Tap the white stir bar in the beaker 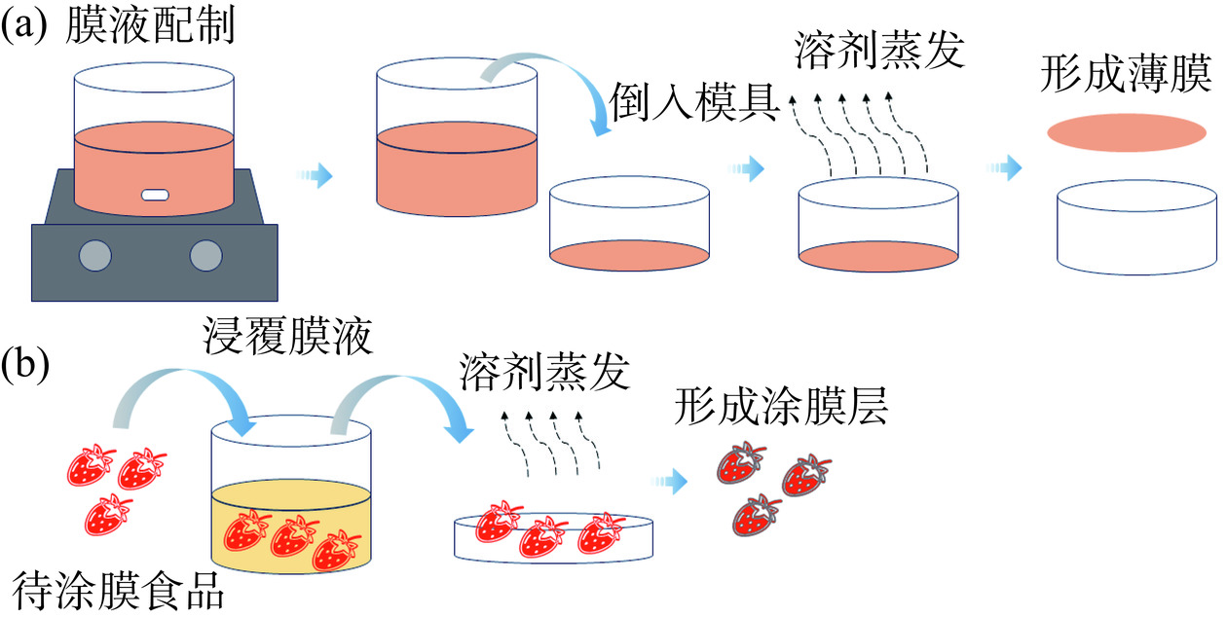click(x=154, y=195)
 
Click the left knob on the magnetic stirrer click(x=95, y=255)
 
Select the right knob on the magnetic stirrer click(x=206, y=255)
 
